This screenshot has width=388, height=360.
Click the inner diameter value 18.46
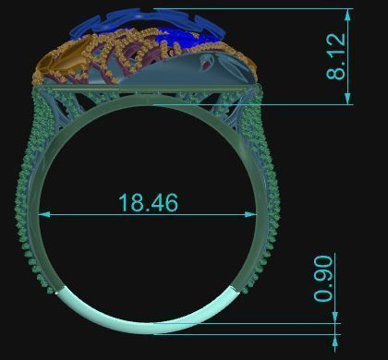tap(148, 202)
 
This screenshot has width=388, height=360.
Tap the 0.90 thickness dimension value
tap(323, 279)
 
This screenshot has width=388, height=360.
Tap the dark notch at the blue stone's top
tap(148, 11)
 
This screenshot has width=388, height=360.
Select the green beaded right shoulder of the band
tap(270, 185)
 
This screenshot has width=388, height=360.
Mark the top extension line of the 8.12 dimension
tap(277, 8)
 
